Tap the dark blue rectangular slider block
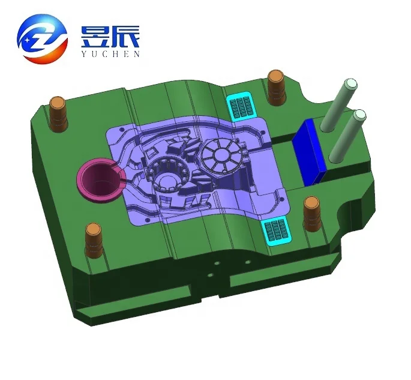pyautogui.click(x=312, y=150)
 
